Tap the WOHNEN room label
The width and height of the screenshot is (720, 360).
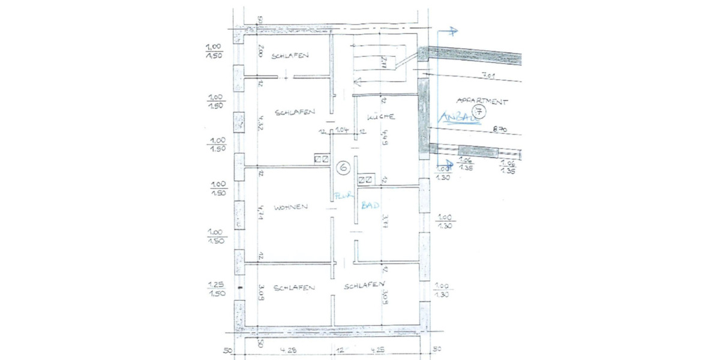point(291,208)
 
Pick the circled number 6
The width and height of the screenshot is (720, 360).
point(343,167)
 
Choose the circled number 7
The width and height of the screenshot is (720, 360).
point(478,110)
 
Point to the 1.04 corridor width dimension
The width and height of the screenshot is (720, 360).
point(343,130)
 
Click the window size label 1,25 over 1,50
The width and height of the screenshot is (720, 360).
point(216,289)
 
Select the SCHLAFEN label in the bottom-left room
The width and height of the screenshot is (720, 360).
point(294,288)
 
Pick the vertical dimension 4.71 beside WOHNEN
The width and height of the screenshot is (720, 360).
point(260,214)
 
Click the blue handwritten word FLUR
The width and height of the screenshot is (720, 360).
point(343,195)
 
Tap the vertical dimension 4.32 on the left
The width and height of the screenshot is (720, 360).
point(260,123)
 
